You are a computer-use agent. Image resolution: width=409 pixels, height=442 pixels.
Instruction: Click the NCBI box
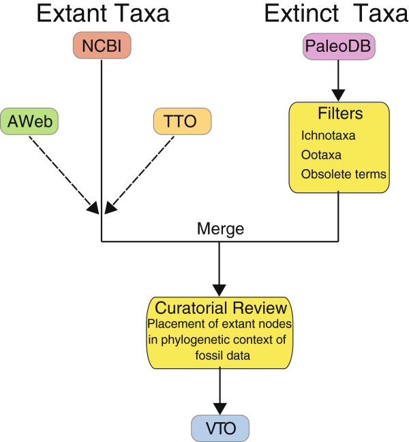point(101,46)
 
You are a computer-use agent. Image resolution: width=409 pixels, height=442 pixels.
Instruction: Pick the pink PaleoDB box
point(338,48)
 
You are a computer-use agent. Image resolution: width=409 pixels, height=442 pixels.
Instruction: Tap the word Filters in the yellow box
point(338,113)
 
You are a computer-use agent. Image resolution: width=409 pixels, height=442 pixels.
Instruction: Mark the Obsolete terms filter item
point(343,174)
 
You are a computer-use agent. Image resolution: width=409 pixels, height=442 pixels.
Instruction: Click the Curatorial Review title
point(219,306)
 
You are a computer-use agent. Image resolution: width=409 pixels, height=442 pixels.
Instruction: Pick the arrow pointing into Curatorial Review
point(219,267)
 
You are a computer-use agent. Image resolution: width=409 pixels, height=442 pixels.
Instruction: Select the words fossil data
point(219,355)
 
